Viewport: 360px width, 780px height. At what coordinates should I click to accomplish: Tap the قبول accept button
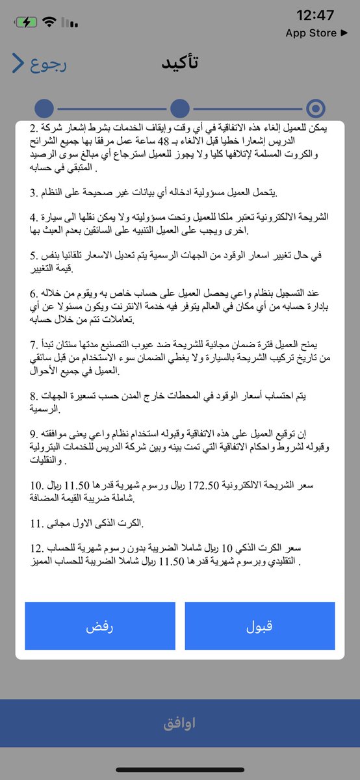(x=259, y=626)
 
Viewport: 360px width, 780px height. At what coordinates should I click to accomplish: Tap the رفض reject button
(x=100, y=626)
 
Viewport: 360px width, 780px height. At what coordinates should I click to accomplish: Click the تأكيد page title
(x=180, y=64)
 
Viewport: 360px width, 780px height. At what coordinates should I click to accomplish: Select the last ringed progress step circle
(x=316, y=109)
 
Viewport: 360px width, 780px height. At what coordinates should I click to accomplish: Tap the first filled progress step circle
(x=44, y=109)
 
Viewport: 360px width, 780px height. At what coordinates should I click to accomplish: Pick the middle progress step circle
(x=179, y=109)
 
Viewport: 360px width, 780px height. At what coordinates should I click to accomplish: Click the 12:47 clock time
(x=315, y=15)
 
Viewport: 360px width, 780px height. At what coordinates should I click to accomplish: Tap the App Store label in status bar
(x=315, y=33)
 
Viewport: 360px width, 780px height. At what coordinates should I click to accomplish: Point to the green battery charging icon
(x=26, y=22)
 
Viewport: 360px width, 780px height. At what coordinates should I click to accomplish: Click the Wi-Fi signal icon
(x=49, y=22)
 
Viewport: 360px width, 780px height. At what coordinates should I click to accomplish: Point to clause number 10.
(x=36, y=485)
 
